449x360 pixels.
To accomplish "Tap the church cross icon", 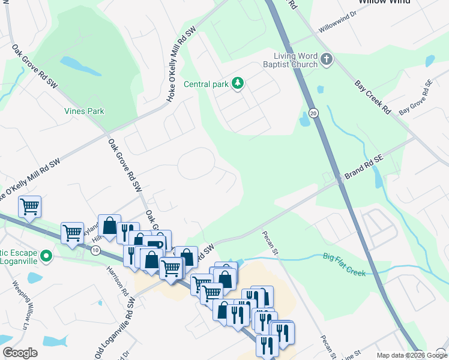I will click(x=327, y=59).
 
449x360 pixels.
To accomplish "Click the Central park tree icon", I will click(x=238, y=83).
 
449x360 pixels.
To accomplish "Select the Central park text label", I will click(x=206, y=84).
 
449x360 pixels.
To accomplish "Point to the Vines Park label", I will click(x=84, y=111).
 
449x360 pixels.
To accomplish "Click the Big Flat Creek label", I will click(x=344, y=265).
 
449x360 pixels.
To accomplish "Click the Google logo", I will click(x=20, y=353).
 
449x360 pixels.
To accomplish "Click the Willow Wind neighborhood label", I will click(x=384, y=2).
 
